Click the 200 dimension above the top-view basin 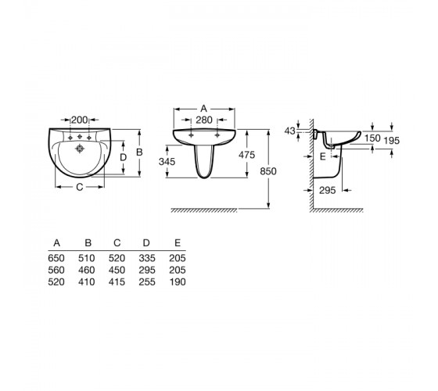tap(80, 120)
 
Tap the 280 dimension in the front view tap(204, 120)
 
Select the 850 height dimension tap(268, 171)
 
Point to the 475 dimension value tap(246, 155)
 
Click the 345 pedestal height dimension tap(167, 161)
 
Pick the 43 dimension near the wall tap(289, 131)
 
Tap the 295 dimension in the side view tap(328, 191)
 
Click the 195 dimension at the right tap(391, 141)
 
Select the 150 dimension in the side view tap(372, 138)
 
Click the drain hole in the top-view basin tap(80, 149)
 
